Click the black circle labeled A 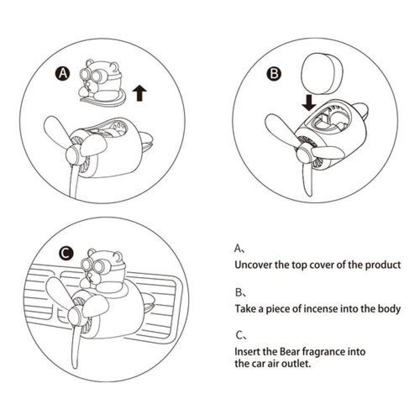(x=63, y=73)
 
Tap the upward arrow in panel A (x=139, y=93)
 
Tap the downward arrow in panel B (x=309, y=102)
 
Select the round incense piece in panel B (x=322, y=73)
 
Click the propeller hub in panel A (x=73, y=155)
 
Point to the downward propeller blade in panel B (x=307, y=177)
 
